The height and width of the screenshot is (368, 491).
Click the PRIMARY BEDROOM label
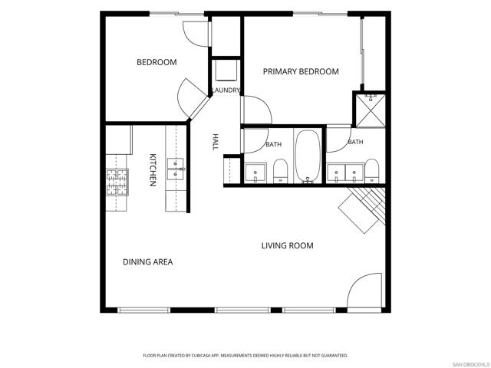coord(301,71)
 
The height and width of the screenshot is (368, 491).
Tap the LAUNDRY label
coord(226,90)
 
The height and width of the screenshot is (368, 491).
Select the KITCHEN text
coord(153,170)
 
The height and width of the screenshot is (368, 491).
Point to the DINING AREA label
coord(147,262)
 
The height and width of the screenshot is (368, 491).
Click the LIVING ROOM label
coord(287,245)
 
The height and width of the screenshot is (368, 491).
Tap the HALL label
coord(216,142)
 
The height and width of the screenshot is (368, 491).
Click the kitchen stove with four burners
coord(117,182)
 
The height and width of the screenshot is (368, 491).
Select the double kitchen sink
coord(176,169)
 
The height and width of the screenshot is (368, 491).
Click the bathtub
coord(308,156)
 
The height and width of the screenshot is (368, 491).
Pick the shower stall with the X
coord(371,110)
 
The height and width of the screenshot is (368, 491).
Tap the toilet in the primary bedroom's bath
coord(371,170)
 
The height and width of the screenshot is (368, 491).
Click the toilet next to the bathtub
coord(280,170)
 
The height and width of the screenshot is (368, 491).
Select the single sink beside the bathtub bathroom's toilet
coord(255,172)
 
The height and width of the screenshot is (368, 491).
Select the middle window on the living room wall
coord(242,310)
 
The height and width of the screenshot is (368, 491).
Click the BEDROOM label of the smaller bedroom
coord(157,62)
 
